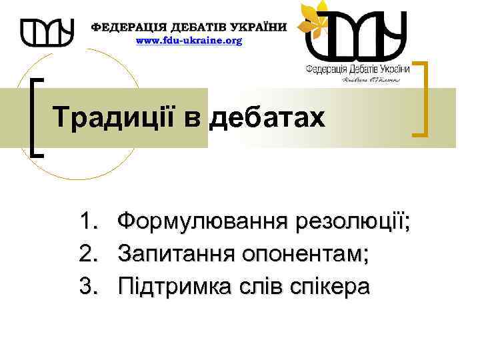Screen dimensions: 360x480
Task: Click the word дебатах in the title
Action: click(267, 118)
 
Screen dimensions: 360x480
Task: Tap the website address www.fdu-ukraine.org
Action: click(189, 41)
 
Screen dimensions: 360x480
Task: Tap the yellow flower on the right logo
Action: click(314, 19)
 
